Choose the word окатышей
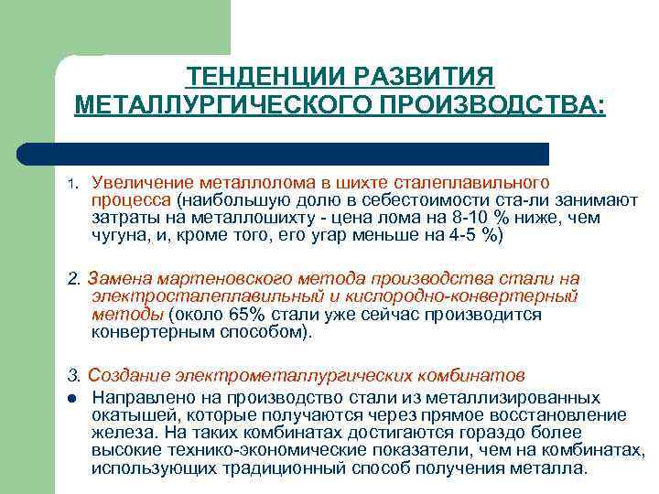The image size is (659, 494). (x=128, y=415)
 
